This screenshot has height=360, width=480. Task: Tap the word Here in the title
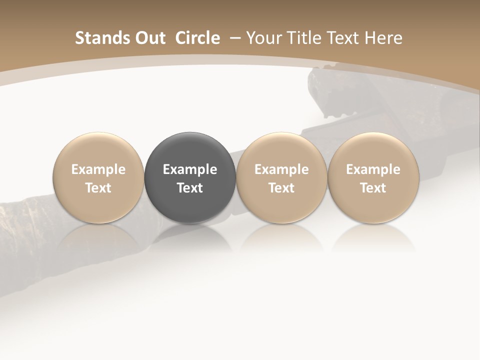(383, 38)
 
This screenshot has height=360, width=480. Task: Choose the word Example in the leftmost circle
(98, 169)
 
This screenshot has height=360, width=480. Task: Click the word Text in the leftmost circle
(98, 188)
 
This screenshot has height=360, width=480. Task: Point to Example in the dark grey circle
(190, 169)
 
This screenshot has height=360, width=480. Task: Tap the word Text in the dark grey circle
(190, 188)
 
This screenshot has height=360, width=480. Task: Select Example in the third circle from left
(281, 169)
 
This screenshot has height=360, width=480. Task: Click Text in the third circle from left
(281, 188)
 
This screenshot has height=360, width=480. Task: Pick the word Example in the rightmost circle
(373, 169)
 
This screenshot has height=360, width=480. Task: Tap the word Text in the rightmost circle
(373, 188)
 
